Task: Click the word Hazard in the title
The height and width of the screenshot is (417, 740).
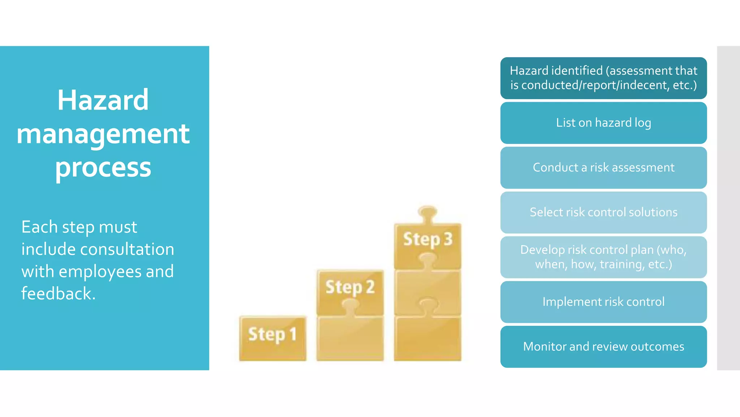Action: pos(103,100)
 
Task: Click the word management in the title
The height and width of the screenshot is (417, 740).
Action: pos(103,134)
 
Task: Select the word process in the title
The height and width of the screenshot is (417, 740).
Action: pos(103,168)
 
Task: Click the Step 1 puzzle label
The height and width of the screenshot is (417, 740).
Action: pos(272,334)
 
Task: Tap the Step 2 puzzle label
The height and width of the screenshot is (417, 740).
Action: pos(350,287)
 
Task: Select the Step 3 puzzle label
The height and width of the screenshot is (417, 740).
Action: pos(428,240)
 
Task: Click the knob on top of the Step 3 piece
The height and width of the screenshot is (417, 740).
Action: pos(427,213)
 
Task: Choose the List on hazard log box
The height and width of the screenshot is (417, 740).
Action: pos(603,123)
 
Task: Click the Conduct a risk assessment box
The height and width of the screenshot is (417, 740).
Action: pos(603,168)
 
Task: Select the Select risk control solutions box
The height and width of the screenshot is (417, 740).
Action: pos(603,212)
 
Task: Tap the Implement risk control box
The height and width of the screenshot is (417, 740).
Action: pos(603,302)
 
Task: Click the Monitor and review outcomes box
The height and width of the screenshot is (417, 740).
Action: pos(603,347)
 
